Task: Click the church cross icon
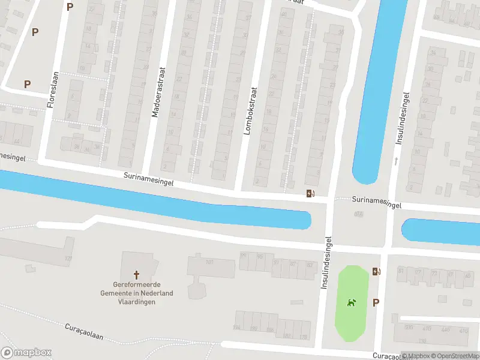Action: click(x=136, y=275)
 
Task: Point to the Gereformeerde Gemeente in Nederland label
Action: click(x=136, y=293)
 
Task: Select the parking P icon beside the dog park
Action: click(x=376, y=302)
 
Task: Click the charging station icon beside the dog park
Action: click(x=376, y=272)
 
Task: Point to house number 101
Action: click(x=209, y=262)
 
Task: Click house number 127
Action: click(x=68, y=258)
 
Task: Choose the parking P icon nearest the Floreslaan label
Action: click(x=27, y=84)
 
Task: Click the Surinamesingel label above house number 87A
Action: click(x=376, y=202)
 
